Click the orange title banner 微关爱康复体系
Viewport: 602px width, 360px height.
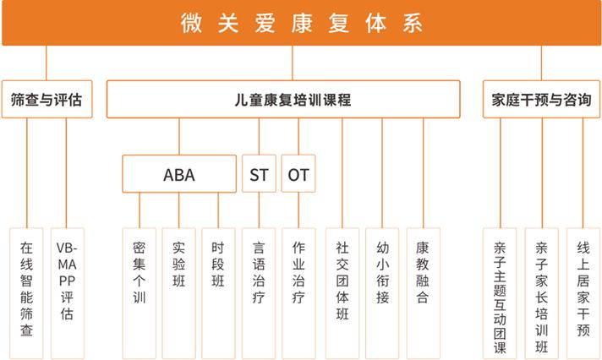pos(301,23)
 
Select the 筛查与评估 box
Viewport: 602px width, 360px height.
pos(47,99)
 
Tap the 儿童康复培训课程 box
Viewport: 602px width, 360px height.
pos(283,99)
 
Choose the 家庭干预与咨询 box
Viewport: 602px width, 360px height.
pos(541,99)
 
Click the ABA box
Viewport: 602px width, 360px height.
pos(179,174)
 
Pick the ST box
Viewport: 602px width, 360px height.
pos(259,174)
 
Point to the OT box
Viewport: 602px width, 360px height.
pos(298,174)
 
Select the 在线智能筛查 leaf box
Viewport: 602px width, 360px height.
pos(26,293)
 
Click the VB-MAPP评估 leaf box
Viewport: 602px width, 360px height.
pos(67,293)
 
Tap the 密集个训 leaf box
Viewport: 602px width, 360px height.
pos(139,293)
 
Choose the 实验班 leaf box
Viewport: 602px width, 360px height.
pos(179,293)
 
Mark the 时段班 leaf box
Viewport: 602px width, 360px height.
pos(218,293)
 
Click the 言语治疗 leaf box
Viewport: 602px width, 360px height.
pos(259,293)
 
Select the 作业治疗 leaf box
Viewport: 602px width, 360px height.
pos(298,293)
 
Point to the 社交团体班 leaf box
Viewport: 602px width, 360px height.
pos(342,293)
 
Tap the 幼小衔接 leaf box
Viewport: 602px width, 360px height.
pos(382,293)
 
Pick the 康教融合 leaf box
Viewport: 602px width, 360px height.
pos(423,293)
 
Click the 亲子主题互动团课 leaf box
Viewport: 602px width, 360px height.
pos(500,293)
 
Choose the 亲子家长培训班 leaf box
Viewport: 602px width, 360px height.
pos(542,293)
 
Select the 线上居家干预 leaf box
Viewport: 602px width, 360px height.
pos(583,293)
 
